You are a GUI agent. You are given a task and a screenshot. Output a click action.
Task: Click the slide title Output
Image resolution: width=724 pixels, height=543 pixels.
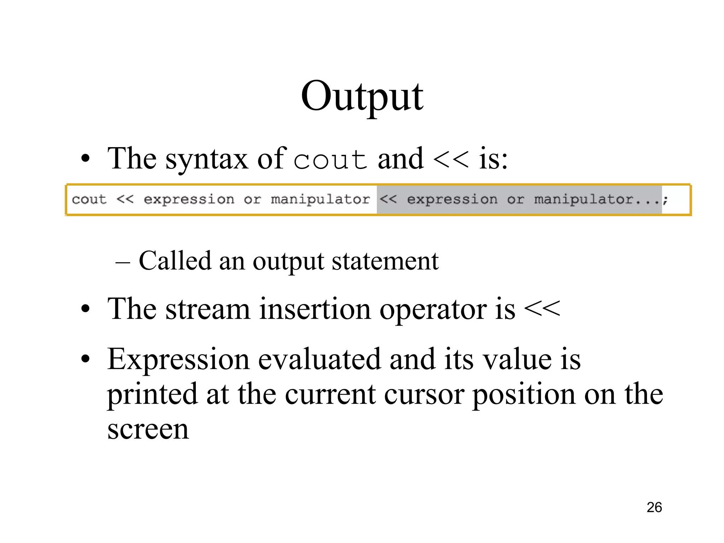tap(362, 96)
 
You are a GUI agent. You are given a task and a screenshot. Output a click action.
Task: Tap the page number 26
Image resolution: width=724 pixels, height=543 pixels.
tap(654, 508)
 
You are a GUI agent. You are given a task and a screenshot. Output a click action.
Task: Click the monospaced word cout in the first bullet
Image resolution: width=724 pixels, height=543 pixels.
tap(331, 160)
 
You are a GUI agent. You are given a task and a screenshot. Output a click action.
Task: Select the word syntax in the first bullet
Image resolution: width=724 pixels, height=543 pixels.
tap(207, 160)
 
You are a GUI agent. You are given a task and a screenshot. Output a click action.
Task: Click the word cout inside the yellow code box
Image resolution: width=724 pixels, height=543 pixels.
tap(89, 200)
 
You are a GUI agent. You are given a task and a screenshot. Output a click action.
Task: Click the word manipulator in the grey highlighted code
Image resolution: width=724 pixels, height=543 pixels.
tap(583, 200)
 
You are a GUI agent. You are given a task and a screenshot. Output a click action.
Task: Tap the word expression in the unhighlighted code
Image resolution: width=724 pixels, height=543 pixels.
tap(189, 200)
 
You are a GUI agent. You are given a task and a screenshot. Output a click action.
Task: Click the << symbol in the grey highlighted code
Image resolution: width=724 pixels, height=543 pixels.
tap(388, 200)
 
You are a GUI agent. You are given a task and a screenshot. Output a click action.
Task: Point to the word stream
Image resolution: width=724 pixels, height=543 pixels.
tap(208, 309)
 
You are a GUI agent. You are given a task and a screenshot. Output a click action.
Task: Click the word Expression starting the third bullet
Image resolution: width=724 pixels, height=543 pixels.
tap(179, 360)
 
